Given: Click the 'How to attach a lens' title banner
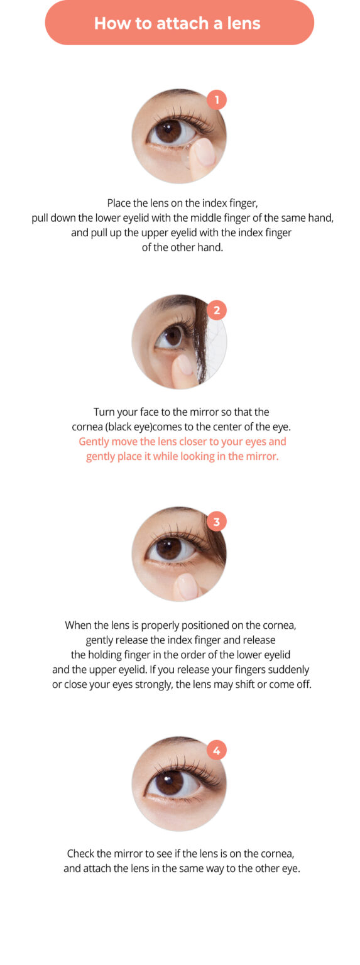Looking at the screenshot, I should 179,23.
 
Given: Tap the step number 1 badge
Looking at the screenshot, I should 217,99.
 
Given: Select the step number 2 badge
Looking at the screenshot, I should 217,310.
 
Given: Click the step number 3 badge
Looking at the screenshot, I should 217,521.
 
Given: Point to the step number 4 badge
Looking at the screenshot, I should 217,750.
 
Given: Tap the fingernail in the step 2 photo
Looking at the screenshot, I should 185,365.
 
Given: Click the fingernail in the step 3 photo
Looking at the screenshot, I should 187,585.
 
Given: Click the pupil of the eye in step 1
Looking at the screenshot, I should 168,131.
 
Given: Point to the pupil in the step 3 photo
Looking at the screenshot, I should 168,548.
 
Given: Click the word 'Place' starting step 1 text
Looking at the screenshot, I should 119,204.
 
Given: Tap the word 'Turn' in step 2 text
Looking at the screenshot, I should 105,412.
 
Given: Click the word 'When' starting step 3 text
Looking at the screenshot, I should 78,625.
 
